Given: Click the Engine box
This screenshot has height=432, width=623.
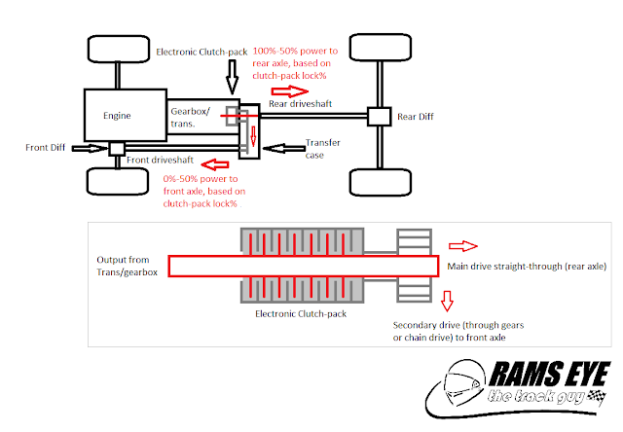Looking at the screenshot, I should coord(125,116).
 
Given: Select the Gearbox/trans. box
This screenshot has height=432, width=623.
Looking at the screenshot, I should coord(195,115).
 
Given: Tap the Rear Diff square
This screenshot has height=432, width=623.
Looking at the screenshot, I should coord(378,116).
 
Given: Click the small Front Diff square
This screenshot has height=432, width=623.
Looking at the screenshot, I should coord(116,149).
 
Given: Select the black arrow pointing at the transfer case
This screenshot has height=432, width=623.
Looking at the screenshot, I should coord(282,149).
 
